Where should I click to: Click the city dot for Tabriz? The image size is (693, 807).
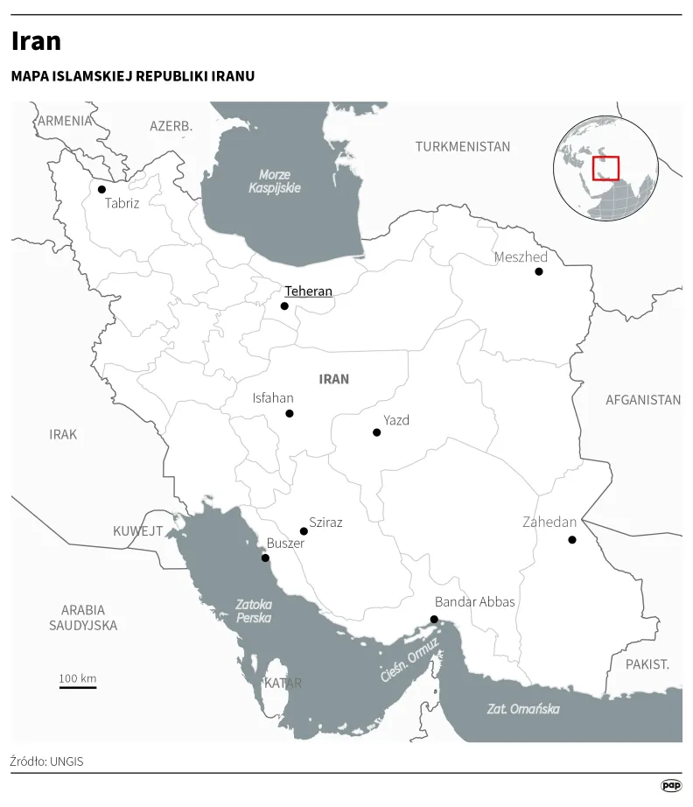coord(101,189)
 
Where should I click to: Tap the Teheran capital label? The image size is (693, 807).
coord(308,291)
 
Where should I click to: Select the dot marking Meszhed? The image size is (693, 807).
coord(539,271)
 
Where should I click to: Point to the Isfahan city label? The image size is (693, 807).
coord(273,397)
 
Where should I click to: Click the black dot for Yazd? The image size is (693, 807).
coord(376,432)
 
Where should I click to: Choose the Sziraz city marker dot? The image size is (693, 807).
coord(304,531)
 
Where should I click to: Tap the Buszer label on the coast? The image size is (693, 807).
coord(285,544)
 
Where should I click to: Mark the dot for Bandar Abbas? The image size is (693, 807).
coord(434,620)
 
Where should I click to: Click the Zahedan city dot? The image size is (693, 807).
coord(572,540)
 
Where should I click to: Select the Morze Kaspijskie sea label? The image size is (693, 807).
coord(275,181)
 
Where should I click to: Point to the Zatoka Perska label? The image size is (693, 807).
coord(254,611)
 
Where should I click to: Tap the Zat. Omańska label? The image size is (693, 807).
coord(523,709)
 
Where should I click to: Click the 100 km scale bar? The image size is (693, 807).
coord(78,686)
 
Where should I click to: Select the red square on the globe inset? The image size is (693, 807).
coord(605,168)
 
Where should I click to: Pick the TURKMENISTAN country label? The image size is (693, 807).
coord(463,146)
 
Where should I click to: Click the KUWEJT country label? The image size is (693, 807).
coord(138,531)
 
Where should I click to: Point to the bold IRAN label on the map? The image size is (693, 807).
coord(334,379)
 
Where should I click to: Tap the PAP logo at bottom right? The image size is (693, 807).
coord(671,786)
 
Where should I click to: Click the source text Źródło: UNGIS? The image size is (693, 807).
coord(47,761)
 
